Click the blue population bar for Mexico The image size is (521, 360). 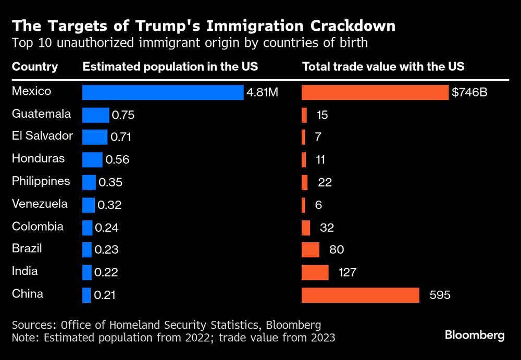click(163, 92)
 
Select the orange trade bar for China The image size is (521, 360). click(361, 295)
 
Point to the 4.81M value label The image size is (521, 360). click(262, 93)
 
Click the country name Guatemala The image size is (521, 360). click(41, 114)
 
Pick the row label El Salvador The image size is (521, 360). click(42, 136)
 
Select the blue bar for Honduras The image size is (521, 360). click(92, 159)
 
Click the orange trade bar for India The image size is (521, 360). click(315, 272)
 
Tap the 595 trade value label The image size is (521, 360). click(440, 295)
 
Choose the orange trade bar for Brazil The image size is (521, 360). click(311, 250)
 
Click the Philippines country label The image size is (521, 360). click(41, 181)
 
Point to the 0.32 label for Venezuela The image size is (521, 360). click(109, 205)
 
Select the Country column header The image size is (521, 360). click(35, 67)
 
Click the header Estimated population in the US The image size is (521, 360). click(170, 67)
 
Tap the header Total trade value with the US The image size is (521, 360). click(383, 67)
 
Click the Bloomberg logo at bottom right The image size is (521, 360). click(475, 335)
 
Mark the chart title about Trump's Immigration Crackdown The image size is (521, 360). click(203, 26)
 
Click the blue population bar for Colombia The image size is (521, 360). click(87, 227)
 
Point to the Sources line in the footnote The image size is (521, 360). click(166, 325)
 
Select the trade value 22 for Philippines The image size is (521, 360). click(324, 182)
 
